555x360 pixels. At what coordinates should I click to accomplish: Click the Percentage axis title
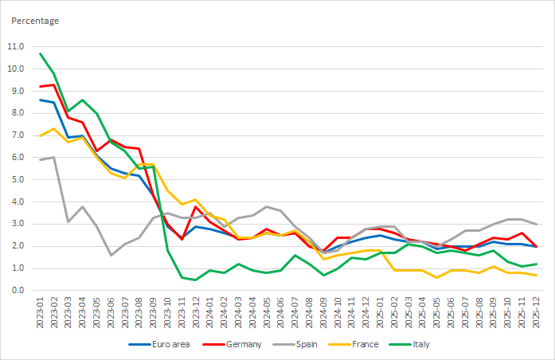(x=34, y=20)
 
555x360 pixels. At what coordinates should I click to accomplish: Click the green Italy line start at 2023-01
(x=40, y=53)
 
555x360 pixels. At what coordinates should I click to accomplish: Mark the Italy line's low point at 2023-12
(x=195, y=280)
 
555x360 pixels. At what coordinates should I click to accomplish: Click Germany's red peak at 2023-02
(x=54, y=84)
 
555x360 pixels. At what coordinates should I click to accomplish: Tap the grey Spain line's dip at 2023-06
(x=111, y=255)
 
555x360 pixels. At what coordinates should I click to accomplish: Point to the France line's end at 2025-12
(x=534, y=275)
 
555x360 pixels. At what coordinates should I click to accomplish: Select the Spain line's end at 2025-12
(x=534, y=224)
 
